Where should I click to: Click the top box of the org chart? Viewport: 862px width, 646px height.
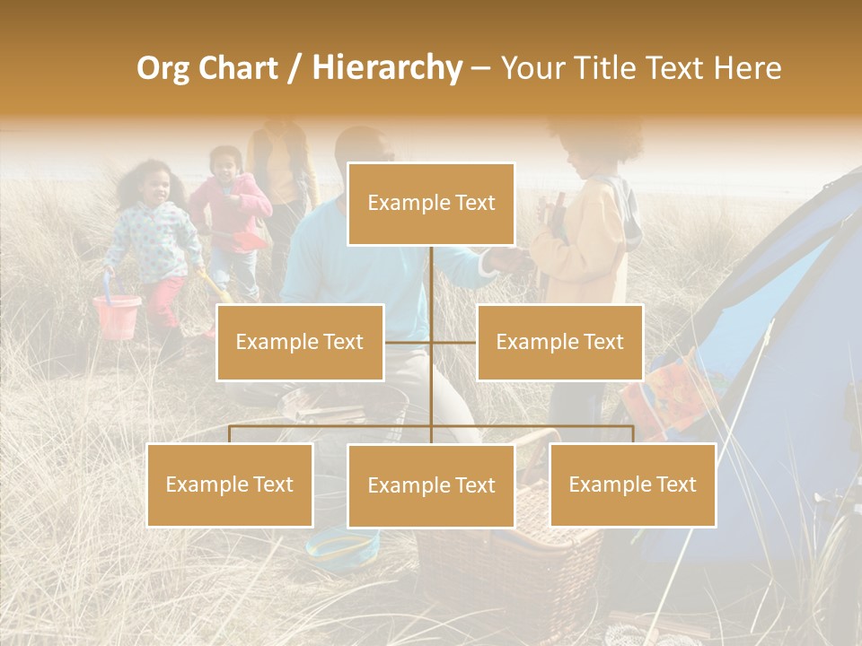(x=431, y=204)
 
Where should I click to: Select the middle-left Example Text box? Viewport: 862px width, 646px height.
(x=300, y=342)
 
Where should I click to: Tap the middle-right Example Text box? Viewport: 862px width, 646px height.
(x=559, y=342)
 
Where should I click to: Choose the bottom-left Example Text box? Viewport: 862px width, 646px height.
(x=230, y=484)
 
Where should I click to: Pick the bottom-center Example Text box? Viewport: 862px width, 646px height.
(x=431, y=485)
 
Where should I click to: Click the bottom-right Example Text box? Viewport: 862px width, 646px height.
(x=632, y=484)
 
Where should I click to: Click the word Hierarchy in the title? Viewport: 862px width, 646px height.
(x=387, y=68)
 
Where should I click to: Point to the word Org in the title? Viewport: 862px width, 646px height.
(x=164, y=68)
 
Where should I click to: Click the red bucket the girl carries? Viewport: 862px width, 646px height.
(x=118, y=315)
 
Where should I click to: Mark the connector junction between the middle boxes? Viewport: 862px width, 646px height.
(x=431, y=342)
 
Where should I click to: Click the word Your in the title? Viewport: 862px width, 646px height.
(x=531, y=68)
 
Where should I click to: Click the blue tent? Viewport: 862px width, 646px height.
(x=781, y=359)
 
